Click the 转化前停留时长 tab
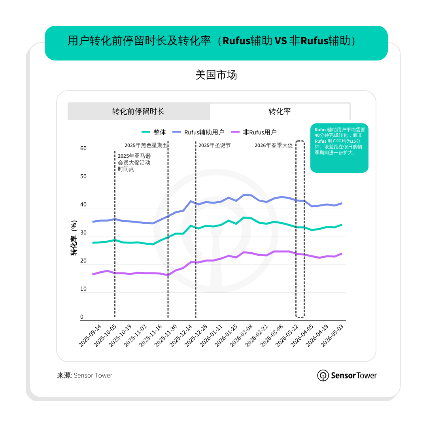(x=139, y=111)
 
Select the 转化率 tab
(x=280, y=111)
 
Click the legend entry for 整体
(x=154, y=132)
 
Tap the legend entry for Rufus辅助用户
(x=198, y=132)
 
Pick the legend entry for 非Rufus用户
(x=254, y=132)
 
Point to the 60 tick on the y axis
(x=83, y=148)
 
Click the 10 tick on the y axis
(x=83, y=289)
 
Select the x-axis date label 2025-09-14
(x=90, y=336)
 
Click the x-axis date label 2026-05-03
(x=332, y=336)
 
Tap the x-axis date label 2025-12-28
(x=196, y=336)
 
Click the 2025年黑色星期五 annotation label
(x=146, y=145)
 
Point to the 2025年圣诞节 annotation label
(x=215, y=145)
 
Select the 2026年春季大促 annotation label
(x=274, y=145)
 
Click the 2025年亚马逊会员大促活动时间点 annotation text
(x=134, y=162)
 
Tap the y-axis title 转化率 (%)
(x=74, y=238)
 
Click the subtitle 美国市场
(x=216, y=75)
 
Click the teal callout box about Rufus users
(x=339, y=148)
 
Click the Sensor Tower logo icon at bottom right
(x=323, y=376)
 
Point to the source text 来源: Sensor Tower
(x=85, y=375)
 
